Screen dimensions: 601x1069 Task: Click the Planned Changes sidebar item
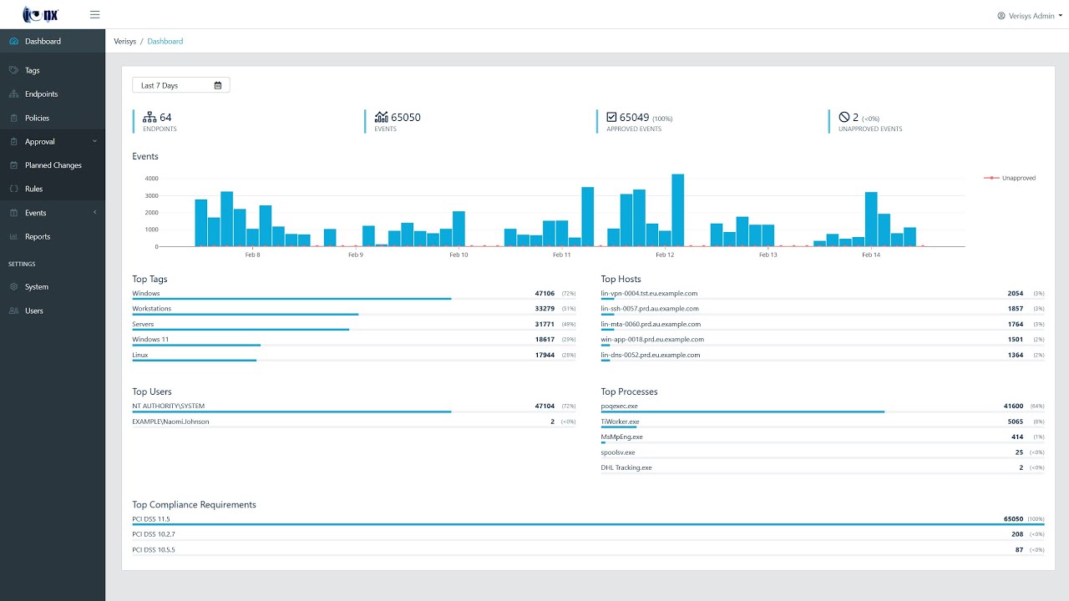pyautogui.click(x=53, y=165)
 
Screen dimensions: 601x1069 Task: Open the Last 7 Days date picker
pyautogui.click(x=180, y=85)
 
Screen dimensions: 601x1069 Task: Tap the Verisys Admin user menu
pyautogui.click(x=1030, y=16)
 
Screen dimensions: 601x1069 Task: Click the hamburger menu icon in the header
pyautogui.click(x=94, y=15)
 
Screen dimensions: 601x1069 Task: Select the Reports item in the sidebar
pyautogui.click(x=38, y=236)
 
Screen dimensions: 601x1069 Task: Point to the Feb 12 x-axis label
pyautogui.click(x=665, y=255)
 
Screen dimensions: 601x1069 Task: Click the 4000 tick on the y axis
pyautogui.click(x=151, y=179)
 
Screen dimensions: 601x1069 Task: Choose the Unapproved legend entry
pyautogui.click(x=1017, y=178)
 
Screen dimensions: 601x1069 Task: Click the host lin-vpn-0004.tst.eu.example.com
pyautogui.click(x=649, y=294)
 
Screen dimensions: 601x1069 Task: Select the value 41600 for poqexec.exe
pyautogui.click(x=1013, y=407)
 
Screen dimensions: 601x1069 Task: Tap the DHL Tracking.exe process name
pyautogui.click(x=626, y=467)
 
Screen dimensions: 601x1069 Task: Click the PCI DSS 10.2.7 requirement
pyautogui.click(x=154, y=534)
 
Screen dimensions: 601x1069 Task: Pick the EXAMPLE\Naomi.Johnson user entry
pyautogui.click(x=170, y=422)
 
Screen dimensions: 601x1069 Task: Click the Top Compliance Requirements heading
pyautogui.click(x=194, y=505)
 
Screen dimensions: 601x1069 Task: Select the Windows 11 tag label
pyautogui.click(x=150, y=340)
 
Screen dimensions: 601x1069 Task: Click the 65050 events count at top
pyautogui.click(x=406, y=118)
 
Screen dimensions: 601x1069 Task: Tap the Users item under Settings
pyautogui.click(x=34, y=311)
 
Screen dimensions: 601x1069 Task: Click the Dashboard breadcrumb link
pyautogui.click(x=165, y=41)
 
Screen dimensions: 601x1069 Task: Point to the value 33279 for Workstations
pyautogui.click(x=545, y=309)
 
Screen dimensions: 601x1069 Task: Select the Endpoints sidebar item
pyautogui.click(x=41, y=94)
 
